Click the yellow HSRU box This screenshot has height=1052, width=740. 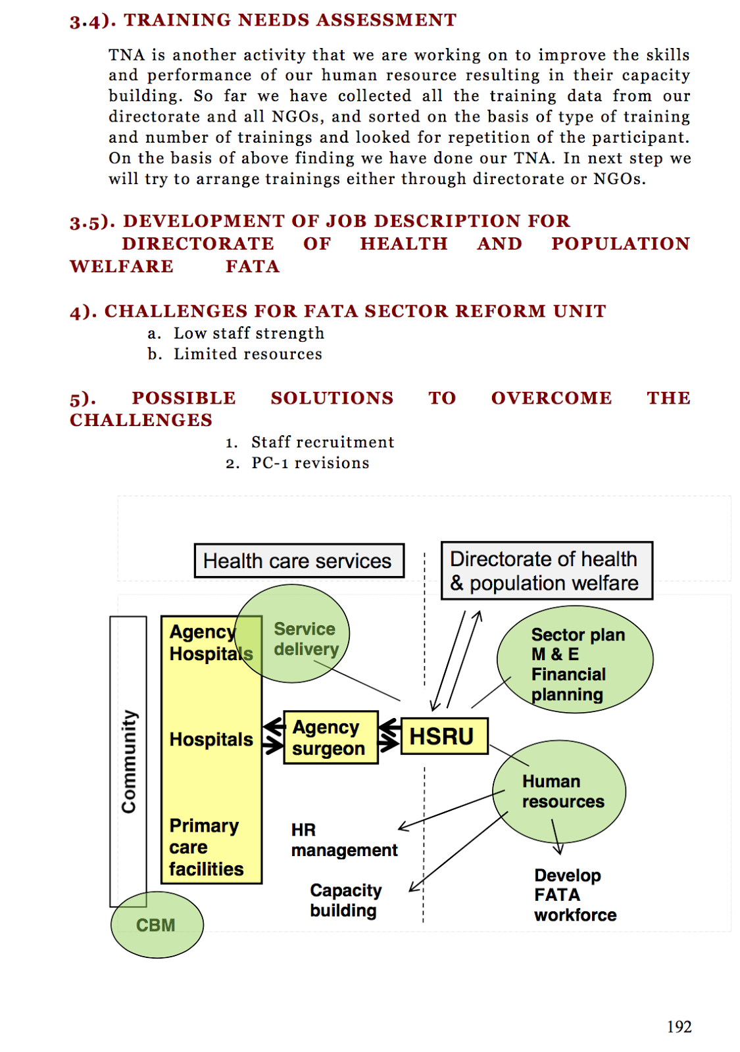tap(444, 736)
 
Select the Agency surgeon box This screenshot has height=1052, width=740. tap(330, 738)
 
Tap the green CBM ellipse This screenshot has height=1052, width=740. tap(157, 924)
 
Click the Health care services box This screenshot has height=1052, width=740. tap(299, 561)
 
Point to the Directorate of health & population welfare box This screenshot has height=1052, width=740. tap(546, 571)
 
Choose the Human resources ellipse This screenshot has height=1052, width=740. tap(559, 792)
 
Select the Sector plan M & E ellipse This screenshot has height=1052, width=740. tap(574, 660)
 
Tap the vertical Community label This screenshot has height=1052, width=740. tap(128, 761)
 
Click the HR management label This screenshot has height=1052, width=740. tap(343, 840)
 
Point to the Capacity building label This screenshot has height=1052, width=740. tap(345, 900)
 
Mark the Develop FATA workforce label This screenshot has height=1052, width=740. tap(574, 895)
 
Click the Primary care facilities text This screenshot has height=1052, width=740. tap(206, 848)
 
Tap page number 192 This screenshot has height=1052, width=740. tap(679, 1026)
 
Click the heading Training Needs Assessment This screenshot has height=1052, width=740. tap(290, 20)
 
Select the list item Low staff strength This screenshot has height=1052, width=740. tap(249, 333)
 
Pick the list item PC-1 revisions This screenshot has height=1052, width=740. tap(310, 463)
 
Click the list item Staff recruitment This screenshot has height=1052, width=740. tap(322, 442)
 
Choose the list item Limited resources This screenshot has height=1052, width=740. tap(247, 354)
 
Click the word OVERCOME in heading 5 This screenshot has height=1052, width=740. tap(551, 398)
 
